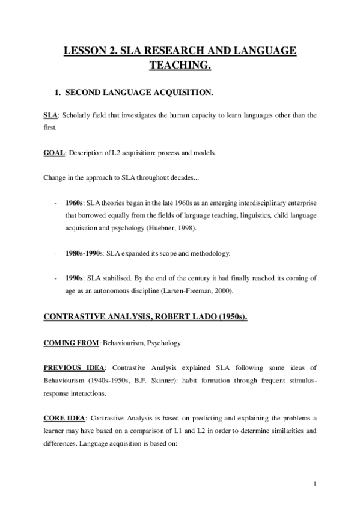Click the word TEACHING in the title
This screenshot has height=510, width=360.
[x=180, y=65]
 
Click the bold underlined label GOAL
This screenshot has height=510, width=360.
[x=54, y=152]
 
